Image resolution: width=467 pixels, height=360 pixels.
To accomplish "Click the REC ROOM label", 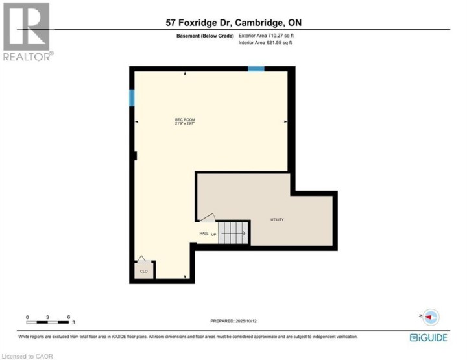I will (185, 121).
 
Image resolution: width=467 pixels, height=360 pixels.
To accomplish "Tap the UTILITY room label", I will (277, 220).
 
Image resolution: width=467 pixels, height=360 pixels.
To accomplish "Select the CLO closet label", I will (144, 271).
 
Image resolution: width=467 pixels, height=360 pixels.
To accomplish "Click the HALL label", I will (202, 234).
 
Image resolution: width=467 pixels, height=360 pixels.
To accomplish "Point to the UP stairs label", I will (213, 234).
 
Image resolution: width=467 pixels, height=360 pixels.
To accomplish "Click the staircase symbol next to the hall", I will (233, 232).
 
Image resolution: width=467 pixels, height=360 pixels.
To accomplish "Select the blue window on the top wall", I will (256, 69).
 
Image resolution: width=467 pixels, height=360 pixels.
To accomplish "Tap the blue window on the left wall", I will (132, 98).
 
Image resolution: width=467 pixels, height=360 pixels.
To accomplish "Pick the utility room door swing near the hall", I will (206, 219).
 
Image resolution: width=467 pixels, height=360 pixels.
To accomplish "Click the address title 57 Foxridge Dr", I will (233, 22).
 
